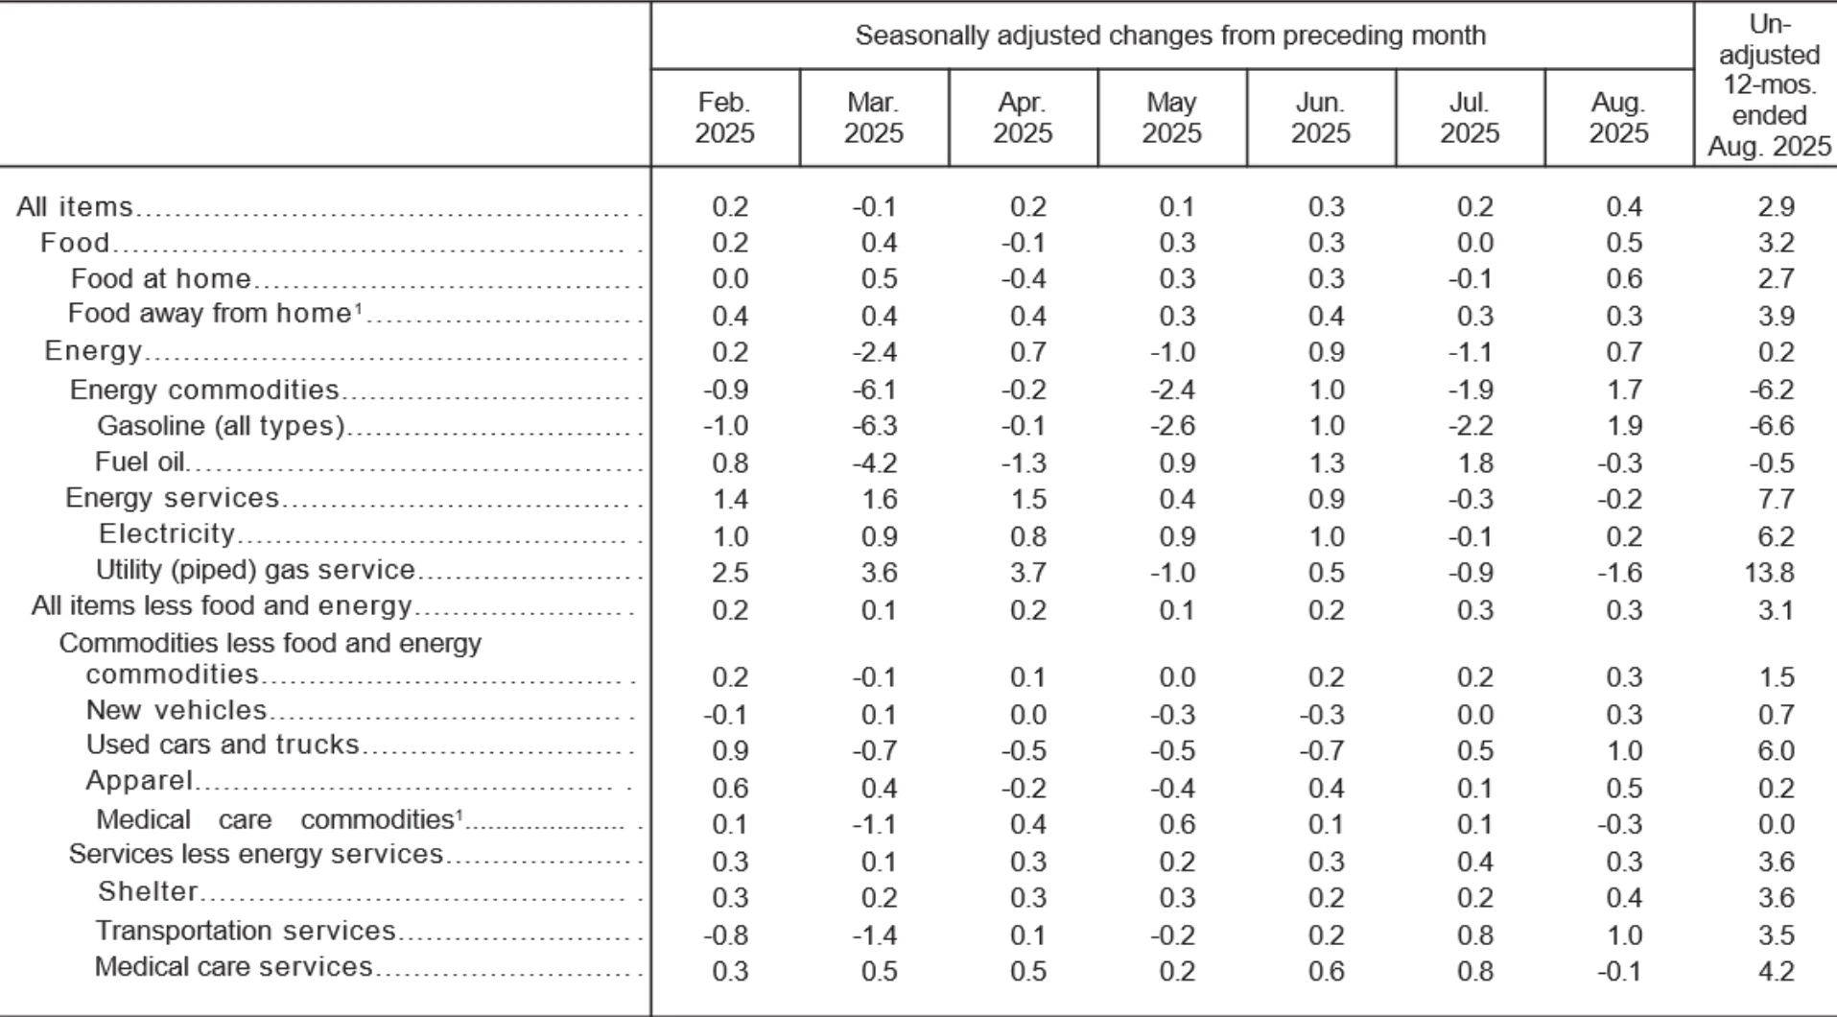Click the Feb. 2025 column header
(724, 117)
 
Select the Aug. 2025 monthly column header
(1618, 117)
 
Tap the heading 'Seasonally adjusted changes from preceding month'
(1170, 35)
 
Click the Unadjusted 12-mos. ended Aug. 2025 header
(1769, 84)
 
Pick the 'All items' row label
(74, 207)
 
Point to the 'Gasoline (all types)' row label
(221, 425)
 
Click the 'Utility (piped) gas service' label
(255, 570)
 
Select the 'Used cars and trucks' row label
(223, 745)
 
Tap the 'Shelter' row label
(148, 891)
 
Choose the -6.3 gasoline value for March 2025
(874, 426)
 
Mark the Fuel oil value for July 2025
(1475, 463)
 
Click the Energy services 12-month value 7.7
(1776, 500)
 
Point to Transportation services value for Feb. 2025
(725, 935)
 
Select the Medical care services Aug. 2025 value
(1619, 972)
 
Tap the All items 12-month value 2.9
(1776, 207)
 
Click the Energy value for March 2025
(874, 353)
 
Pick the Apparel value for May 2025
(1172, 789)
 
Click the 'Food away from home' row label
(208, 314)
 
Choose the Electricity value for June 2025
(1326, 536)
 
